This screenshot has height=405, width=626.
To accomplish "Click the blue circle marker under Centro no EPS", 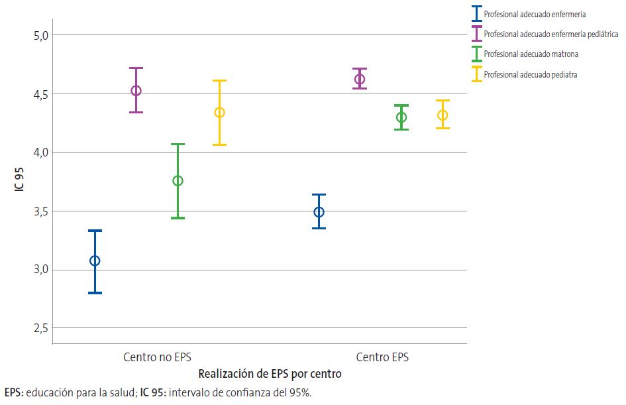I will pos(95,260).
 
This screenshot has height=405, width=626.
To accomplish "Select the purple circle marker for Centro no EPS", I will pos(136,91).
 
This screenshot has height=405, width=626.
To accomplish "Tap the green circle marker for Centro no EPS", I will pos(178,181).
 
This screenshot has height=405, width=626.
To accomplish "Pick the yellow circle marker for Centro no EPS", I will pos(219,113).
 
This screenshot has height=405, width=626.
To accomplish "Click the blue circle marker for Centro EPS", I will pos(319,212).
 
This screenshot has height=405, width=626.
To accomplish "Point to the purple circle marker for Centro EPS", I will pos(360,80).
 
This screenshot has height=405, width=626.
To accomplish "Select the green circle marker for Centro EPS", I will pos(401,117).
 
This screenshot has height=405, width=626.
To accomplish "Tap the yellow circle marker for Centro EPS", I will pos(443,115).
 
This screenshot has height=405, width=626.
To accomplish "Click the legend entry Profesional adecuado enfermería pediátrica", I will pos(551,34).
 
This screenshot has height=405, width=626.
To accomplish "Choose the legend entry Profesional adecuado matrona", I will pos(531,54).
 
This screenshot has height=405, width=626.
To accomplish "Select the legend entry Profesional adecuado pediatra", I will pos(530,75).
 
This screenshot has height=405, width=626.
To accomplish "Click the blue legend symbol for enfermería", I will pos(476,13).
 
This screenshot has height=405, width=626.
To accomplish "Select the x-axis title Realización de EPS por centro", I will pos(270,374).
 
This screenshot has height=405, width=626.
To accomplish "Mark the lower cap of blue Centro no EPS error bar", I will pos(95,292).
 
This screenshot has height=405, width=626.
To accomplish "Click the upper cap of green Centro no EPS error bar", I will pos(178,144).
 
